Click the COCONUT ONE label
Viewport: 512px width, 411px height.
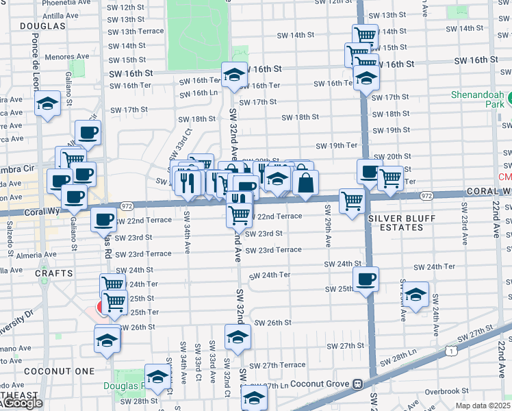(48, 371)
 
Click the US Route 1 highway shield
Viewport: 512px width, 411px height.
(450, 351)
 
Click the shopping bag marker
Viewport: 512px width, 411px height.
(305, 182)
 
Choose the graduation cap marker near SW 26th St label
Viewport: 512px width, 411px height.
(238, 337)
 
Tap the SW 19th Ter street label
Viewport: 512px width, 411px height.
(336, 145)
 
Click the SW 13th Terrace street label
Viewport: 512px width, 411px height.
(136, 32)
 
